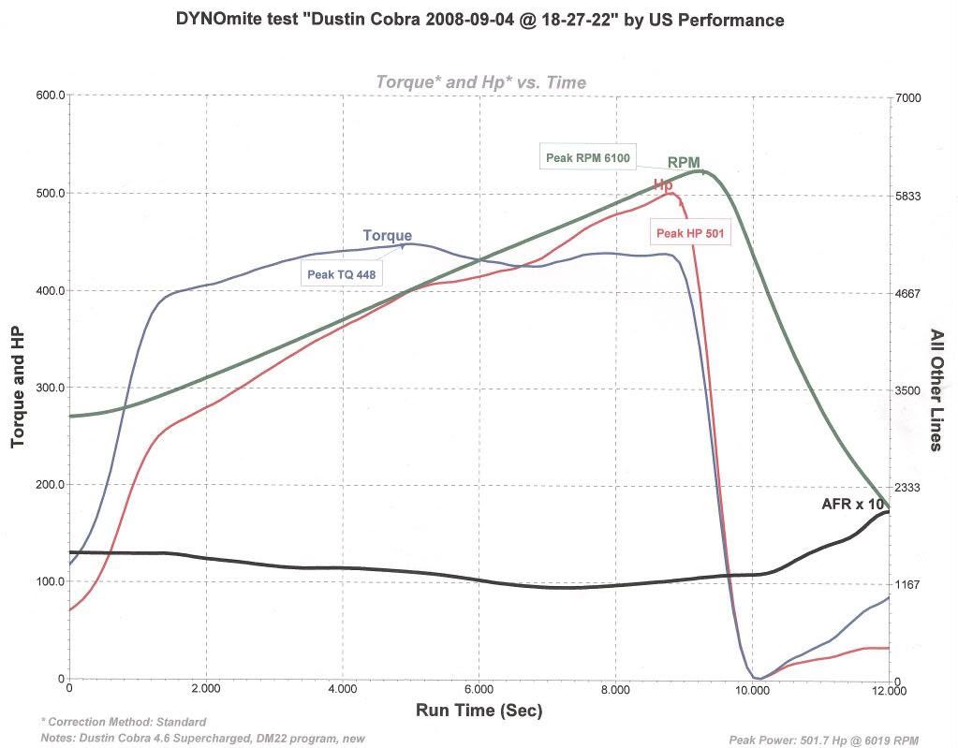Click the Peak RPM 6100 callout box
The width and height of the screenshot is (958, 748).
[x=588, y=157]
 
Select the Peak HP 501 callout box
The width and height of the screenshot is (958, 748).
[x=690, y=233]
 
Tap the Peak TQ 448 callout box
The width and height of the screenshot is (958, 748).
[x=342, y=274]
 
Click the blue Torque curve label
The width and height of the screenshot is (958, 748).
[x=388, y=236]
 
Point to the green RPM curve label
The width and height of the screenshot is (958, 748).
[x=684, y=162]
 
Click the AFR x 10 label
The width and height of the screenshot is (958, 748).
[x=853, y=504]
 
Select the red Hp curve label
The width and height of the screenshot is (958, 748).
[x=663, y=184]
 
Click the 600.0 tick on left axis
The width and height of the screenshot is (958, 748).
[x=51, y=95]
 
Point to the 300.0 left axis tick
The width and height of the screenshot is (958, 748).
[x=51, y=388]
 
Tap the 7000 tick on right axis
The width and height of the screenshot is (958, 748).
[x=908, y=97]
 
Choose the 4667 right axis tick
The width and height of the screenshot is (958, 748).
[x=908, y=293]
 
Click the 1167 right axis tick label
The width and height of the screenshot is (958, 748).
[x=908, y=584]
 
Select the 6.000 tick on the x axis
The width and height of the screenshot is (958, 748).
[x=479, y=689]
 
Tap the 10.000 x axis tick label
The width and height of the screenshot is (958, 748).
[x=751, y=689]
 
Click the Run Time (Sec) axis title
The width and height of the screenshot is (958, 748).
[x=479, y=711]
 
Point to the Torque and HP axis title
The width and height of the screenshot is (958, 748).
[x=17, y=388]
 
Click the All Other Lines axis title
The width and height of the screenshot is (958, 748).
[x=936, y=390]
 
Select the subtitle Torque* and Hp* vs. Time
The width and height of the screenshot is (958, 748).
[x=480, y=81]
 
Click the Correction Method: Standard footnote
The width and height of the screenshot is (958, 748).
[x=124, y=722]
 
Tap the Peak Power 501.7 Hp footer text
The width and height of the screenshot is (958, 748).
[x=823, y=741]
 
